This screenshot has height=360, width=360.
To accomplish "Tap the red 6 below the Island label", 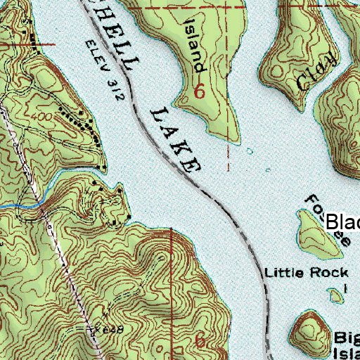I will click(200, 91).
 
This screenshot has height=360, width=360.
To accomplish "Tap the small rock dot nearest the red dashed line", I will click(250, 150).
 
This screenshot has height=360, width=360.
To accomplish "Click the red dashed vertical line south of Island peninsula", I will click(228, 158).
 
